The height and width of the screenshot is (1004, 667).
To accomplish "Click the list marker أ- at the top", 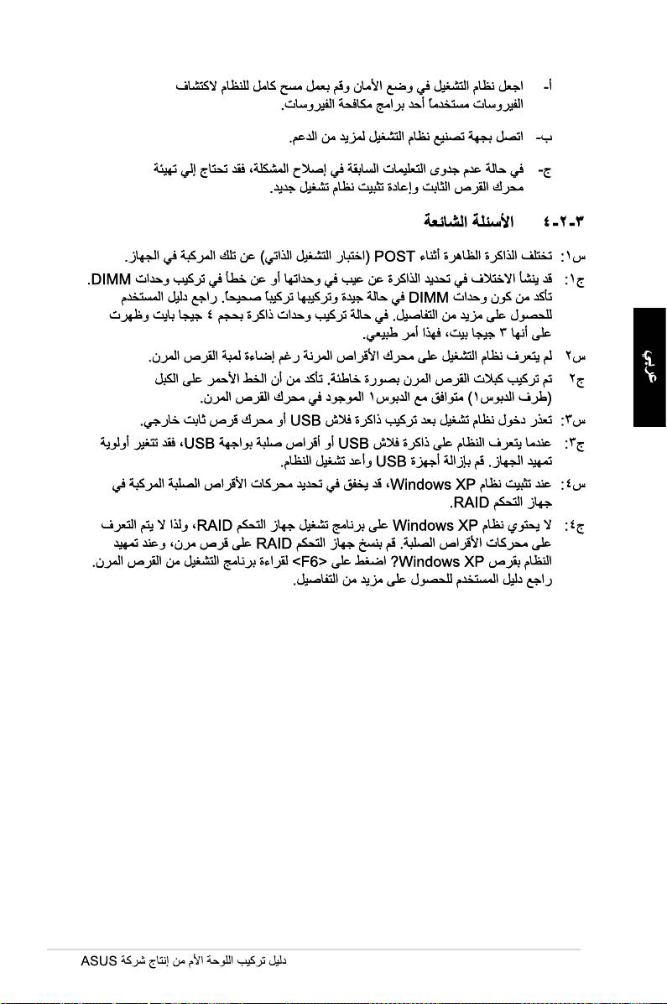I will click(x=548, y=86).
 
